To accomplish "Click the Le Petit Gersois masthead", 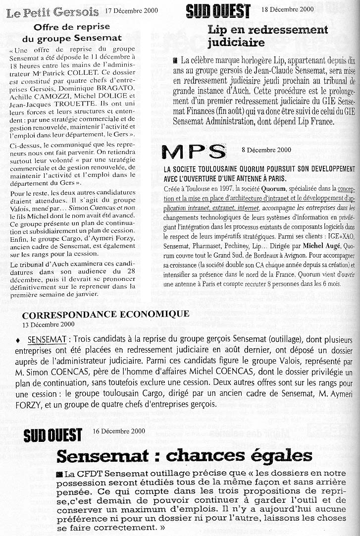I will click(52, 12).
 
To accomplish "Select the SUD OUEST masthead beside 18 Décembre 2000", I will click(218, 10).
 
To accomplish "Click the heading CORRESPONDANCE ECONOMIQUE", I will click(105, 314).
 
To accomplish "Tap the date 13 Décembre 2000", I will click(49, 324).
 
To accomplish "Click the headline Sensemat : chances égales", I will click(184, 455).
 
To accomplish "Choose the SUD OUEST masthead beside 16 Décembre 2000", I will click(53, 435).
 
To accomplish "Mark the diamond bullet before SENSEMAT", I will click(18, 341).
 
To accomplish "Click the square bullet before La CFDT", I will click(60, 475).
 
